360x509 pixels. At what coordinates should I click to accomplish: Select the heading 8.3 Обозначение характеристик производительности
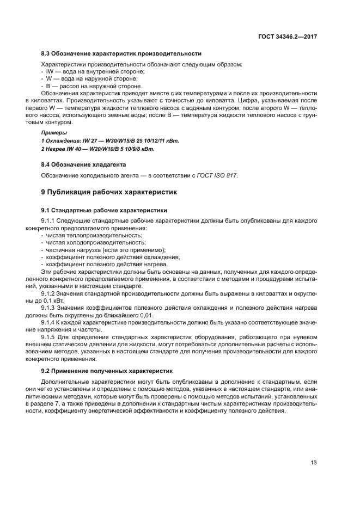point(121,54)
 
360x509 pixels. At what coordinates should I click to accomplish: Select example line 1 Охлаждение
point(110,140)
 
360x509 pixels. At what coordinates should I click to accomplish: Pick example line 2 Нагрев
point(98,149)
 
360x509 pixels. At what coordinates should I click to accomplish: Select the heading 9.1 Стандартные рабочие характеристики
point(104,210)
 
